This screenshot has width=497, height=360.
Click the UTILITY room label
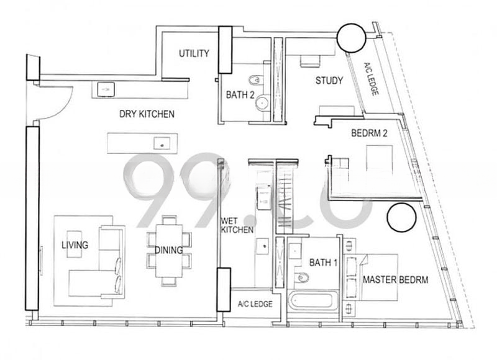click(x=194, y=53)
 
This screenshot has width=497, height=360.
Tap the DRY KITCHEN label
click(x=147, y=114)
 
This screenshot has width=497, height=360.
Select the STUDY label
click(x=329, y=81)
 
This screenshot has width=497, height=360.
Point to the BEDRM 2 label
click(x=369, y=133)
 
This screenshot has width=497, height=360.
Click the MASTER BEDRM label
click(x=396, y=279)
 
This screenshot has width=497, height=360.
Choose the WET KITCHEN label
click(x=237, y=225)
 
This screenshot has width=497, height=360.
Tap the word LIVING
click(x=75, y=245)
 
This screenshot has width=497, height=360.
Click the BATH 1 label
click(x=323, y=263)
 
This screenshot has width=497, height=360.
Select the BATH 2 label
click(x=240, y=95)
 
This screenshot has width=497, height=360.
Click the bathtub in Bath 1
click(x=312, y=301)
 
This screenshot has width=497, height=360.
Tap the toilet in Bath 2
click(x=256, y=81)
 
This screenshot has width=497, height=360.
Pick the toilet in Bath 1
click(x=301, y=277)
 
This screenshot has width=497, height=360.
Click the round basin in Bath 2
click(x=262, y=103)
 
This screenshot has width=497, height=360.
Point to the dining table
click(x=168, y=251)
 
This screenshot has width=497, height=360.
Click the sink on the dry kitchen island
click(x=162, y=143)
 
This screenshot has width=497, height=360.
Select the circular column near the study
click(x=351, y=38)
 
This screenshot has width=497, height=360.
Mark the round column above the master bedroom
click(x=401, y=217)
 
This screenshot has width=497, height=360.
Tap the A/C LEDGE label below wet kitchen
click(x=255, y=304)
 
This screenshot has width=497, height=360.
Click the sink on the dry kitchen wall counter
click(x=106, y=89)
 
